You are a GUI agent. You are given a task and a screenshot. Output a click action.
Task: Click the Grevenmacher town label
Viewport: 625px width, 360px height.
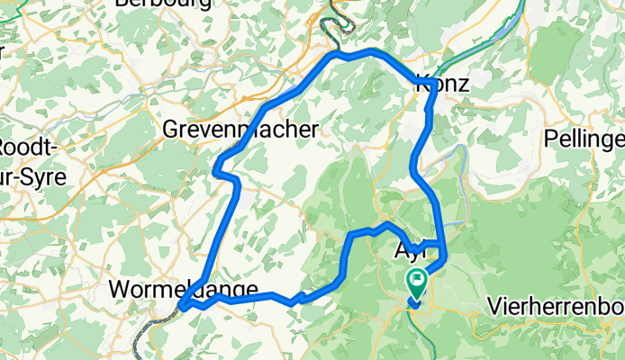point(240,130)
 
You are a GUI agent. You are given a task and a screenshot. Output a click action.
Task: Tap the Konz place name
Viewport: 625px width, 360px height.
point(444,85)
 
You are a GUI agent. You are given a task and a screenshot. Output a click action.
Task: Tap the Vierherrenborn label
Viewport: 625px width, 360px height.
point(555,305)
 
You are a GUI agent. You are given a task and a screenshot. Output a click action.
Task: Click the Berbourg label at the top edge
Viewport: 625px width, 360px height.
point(163,4)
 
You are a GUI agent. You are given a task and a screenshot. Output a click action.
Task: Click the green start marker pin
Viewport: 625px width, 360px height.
point(417,282)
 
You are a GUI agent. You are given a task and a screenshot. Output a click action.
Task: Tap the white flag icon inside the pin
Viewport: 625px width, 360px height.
point(417,278)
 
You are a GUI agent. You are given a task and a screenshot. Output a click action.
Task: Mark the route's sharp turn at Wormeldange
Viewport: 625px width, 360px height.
point(182,308)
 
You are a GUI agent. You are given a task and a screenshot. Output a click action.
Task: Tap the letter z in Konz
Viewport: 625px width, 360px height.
point(466,85)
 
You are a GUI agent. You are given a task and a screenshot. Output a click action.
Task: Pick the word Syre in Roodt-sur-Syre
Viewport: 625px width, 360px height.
point(45,176)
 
